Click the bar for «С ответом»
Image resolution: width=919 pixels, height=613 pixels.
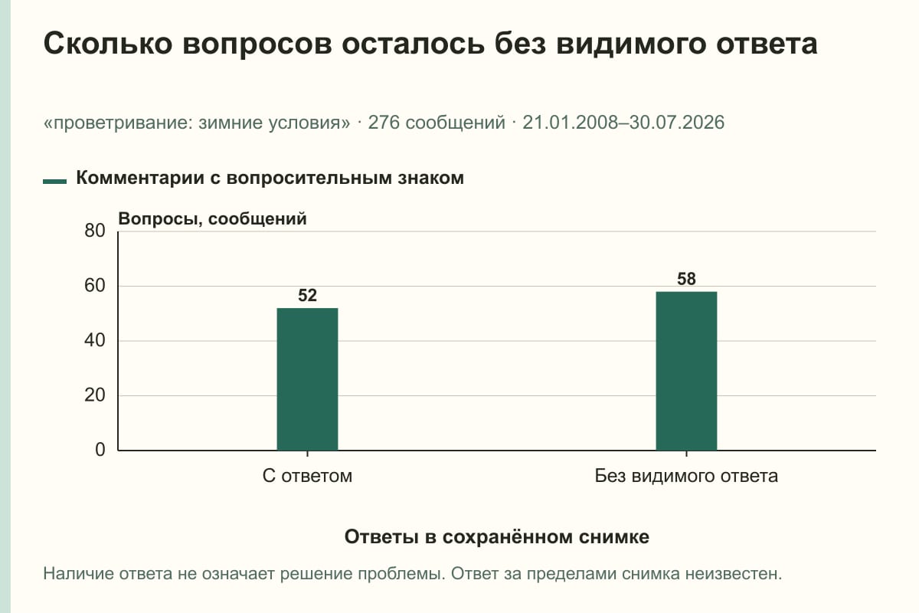[307, 379]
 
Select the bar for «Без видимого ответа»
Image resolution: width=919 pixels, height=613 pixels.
[686, 371]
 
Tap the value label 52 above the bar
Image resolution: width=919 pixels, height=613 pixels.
[307, 296]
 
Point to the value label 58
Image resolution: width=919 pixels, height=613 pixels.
[686, 279]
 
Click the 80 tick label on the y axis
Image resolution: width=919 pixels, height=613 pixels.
[95, 231]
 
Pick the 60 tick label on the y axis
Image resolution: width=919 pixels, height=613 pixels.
[95, 286]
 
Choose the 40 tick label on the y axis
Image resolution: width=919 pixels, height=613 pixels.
[95, 340]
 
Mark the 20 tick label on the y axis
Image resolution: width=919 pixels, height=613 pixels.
[95, 395]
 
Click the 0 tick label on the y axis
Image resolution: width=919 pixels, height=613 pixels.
[100, 450]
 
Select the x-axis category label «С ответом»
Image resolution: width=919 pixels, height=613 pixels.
[307, 476]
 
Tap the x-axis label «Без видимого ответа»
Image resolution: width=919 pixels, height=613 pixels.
[686, 476]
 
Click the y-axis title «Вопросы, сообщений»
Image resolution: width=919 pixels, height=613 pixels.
[213, 219]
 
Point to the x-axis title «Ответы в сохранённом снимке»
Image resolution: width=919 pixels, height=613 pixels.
[497, 536]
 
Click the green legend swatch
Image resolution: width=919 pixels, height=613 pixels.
[54, 182]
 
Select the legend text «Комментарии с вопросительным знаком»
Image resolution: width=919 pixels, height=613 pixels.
[270, 178]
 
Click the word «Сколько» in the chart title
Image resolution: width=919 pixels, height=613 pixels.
[108, 44]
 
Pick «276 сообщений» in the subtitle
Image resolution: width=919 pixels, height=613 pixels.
[437, 123]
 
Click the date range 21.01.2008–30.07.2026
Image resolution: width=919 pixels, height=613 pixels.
[623, 123]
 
